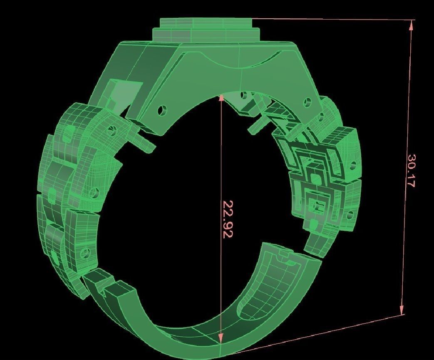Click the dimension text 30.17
pos(411,171)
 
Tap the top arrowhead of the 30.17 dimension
pos(411,25)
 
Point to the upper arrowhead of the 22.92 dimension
pos(222,98)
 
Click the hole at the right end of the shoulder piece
pos(308,101)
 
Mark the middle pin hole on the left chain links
pos(94,192)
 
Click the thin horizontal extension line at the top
pos(333,19)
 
